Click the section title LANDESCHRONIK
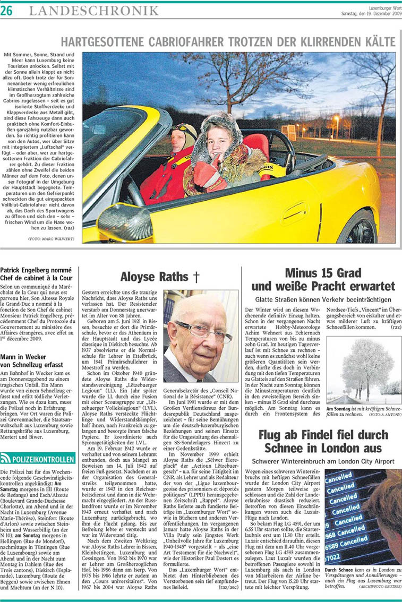click(x=93, y=10)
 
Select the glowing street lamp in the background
click(x=336, y=119)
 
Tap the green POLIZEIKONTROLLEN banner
click(x=38, y=458)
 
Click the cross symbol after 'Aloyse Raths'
click(x=197, y=277)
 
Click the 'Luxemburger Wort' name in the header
click(x=378, y=7)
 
